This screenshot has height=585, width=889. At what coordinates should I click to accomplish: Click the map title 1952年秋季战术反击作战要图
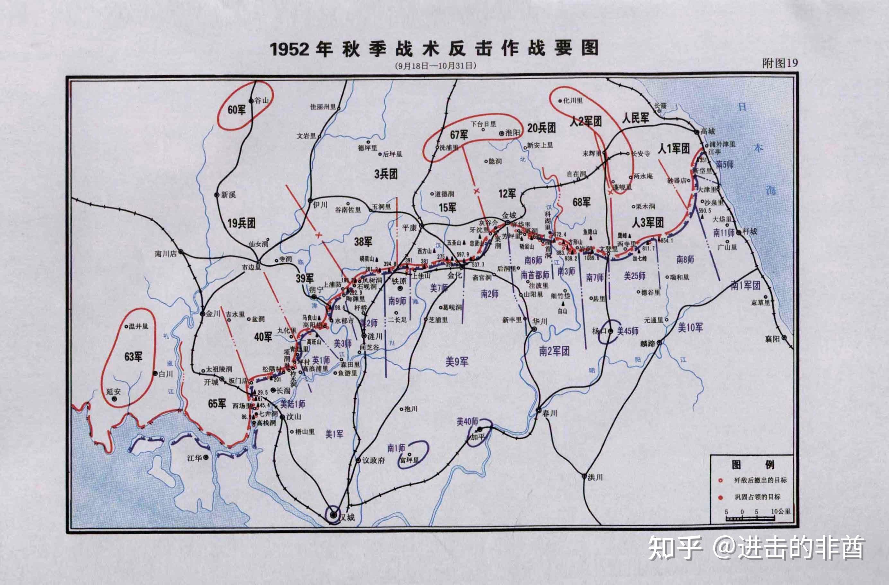(x=434, y=49)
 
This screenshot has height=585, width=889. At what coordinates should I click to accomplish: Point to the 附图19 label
(x=780, y=64)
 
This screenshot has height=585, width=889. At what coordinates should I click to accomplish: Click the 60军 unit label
(x=237, y=109)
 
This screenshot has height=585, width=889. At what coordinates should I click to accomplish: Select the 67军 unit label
(x=459, y=134)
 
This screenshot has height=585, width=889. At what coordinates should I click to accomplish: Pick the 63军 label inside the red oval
(x=133, y=357)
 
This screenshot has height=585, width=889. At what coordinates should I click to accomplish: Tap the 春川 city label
(x=550, y=413)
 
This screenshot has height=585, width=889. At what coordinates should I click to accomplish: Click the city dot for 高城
(x=697, y=132)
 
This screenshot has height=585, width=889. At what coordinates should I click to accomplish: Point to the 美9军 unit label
(x=457, y=361)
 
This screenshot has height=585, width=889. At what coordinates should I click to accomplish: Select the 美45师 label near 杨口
(x=628, y=331)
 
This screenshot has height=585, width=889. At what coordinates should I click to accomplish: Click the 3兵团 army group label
(x=386, y=174)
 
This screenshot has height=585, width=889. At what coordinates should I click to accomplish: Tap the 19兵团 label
(x=242, y=223)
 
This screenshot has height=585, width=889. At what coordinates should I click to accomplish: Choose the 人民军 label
(x=635, y=118)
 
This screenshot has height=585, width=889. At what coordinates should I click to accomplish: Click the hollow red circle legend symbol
(x=720, y=480)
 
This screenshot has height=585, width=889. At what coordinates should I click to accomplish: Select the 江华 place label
(x=194, y=458)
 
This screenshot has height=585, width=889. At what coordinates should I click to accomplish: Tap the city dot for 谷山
(x=251, y=101)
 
